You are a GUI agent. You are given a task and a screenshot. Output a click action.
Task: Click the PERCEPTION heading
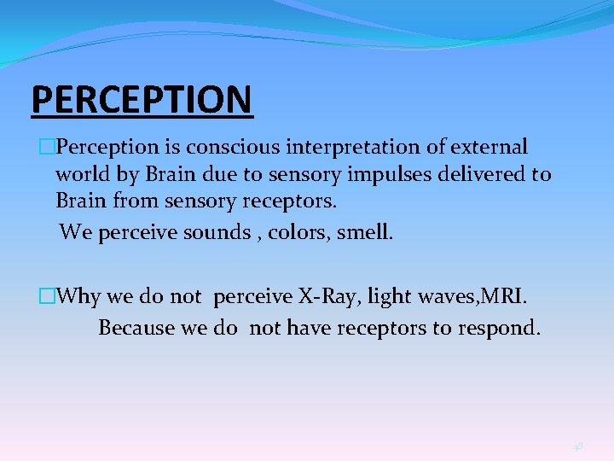click(142, 99)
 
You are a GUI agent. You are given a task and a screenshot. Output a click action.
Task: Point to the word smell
click(365, 232)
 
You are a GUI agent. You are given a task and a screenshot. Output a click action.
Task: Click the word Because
click(136, 328)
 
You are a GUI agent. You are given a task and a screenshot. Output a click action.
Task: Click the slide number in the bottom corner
click(578, 445)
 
